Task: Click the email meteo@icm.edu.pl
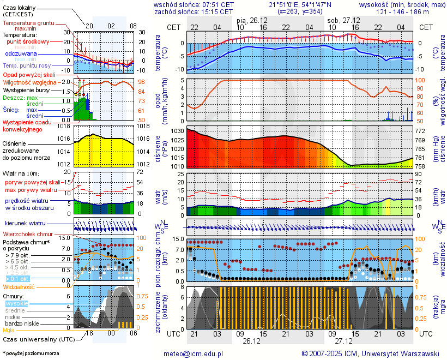(194, 353)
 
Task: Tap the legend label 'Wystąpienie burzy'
(25, 89)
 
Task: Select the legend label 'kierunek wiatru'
(25, 224)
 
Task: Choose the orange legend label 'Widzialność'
(19, 286)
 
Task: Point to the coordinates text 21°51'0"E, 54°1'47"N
(300, 4)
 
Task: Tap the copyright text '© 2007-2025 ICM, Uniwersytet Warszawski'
(371, 353)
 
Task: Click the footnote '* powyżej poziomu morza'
(31, 353)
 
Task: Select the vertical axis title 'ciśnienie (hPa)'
(164, 148)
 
